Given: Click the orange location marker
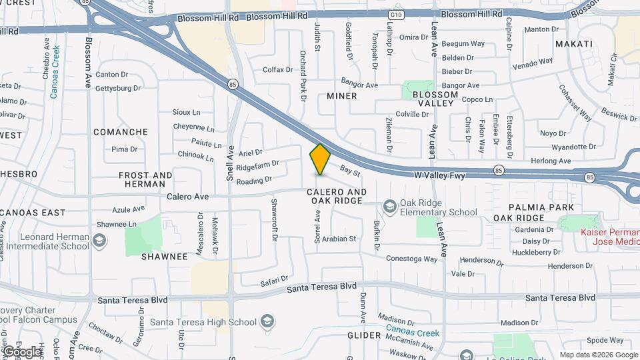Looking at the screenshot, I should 320,159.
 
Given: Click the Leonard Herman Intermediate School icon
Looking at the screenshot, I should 99,240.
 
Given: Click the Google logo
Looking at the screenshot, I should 22,351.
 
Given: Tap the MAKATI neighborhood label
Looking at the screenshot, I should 573,44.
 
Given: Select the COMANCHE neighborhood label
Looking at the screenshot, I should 121,132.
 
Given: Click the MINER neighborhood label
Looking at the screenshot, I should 342,96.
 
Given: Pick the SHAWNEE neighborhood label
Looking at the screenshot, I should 165,257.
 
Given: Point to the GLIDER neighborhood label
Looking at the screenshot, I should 363,335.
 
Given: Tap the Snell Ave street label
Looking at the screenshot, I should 230,163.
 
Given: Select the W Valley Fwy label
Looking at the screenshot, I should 438,175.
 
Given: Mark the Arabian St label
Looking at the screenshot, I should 339,239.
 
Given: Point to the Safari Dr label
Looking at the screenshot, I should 274,281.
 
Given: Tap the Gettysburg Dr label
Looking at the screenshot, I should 118,88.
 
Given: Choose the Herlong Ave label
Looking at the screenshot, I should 551,161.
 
